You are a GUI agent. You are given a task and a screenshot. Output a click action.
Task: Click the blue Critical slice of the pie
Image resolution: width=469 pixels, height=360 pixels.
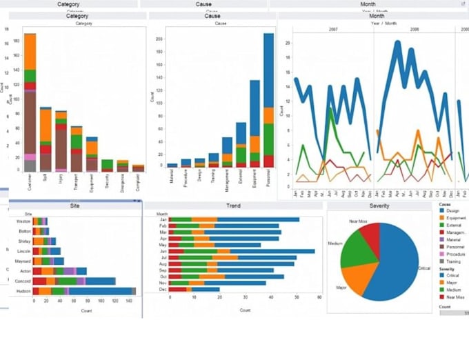[393, 266]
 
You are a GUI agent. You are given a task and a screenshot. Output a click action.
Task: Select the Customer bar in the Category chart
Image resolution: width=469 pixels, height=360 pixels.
[30, 103]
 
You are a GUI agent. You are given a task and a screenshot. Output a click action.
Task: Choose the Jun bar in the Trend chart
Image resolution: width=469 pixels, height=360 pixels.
[241, 252]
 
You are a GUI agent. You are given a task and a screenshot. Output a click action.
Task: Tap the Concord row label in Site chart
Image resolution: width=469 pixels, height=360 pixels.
[23, 281]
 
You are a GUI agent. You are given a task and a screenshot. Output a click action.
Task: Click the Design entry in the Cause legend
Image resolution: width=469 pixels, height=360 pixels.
[452, 211]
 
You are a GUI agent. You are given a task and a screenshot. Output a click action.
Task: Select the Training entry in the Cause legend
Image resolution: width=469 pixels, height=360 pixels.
[453, 262]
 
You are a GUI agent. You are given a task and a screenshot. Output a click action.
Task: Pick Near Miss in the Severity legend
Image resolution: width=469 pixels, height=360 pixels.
[456, 297]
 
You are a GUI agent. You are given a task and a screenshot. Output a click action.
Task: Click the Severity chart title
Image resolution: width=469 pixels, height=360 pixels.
[379, 206]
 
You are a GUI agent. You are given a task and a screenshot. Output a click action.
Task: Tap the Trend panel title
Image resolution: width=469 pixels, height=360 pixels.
[233, 206]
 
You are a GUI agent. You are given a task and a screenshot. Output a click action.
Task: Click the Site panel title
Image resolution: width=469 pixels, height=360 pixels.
[74, 206]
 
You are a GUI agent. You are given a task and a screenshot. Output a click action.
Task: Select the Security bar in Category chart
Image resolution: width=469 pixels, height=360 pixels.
[107, 165]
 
